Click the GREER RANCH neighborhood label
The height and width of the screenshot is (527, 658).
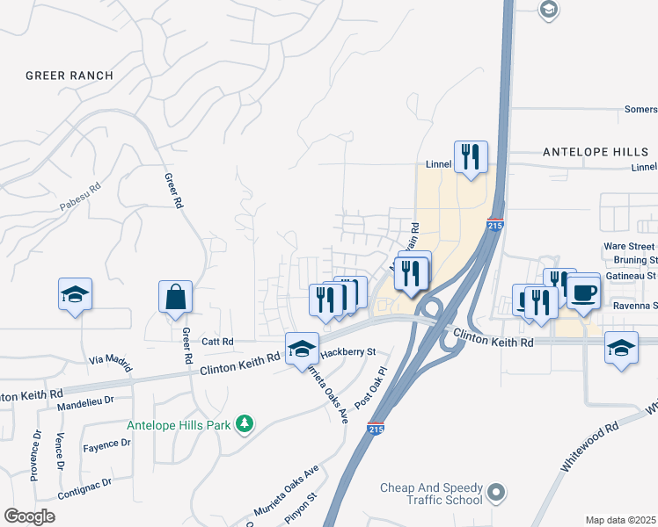click(69, 76)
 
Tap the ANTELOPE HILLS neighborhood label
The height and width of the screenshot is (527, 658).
click(596, 151)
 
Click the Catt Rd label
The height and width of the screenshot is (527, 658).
click(216, 341)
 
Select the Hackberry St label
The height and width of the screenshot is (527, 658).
click(347, 351)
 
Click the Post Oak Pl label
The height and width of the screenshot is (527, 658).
click(369, 387)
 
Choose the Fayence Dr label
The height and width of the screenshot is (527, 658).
click(106, 444)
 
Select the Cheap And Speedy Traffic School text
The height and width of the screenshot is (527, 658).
click(431, 494)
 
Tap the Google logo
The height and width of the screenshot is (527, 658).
click(29, 516)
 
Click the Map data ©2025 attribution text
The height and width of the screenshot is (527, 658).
click(620, 520)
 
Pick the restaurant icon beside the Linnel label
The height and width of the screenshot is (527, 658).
click(471, 157)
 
